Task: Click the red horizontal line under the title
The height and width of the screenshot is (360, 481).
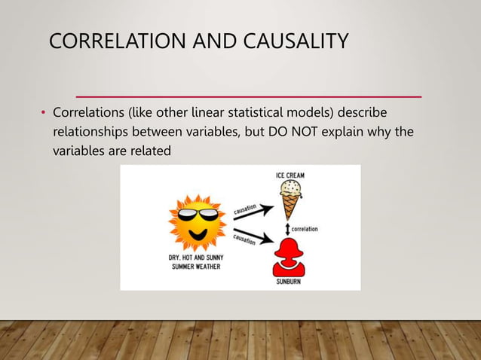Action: (249, 97)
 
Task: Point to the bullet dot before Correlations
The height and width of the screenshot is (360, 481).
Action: (44, 114)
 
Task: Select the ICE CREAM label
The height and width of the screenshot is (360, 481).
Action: (290, 175)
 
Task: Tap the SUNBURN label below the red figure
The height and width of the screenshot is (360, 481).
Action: (290, 283)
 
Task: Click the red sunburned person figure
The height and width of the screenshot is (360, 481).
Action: (290, 256)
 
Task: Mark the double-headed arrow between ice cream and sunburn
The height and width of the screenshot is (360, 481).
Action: (287, 227)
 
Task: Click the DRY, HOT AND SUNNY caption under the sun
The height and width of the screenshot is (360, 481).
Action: (195, 258)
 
